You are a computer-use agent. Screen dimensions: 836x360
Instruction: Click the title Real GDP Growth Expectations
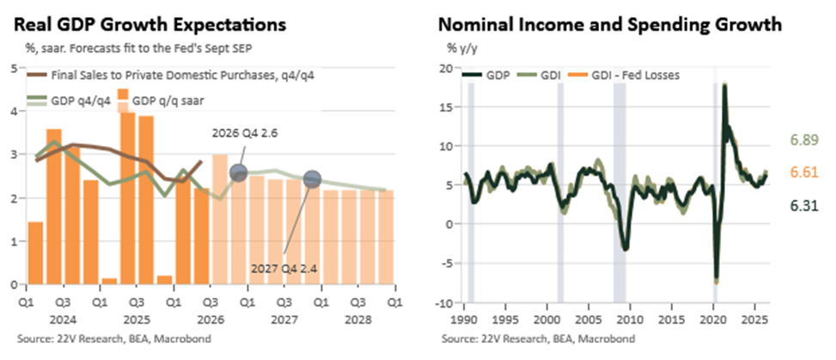150,25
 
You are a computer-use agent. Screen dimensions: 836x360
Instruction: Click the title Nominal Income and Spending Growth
610,25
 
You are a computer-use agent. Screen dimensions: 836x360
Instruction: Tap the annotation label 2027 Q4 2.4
284,268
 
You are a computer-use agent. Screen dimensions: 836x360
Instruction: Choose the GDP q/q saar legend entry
160,101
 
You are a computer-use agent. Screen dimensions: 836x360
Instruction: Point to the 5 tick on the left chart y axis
15,67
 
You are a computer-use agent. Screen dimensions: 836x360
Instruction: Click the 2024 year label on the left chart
63,321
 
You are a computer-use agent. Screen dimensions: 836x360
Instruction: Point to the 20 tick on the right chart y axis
446,68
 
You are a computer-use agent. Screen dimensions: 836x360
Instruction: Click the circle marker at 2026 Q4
238,172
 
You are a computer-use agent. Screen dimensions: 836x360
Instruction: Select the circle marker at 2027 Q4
312,180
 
